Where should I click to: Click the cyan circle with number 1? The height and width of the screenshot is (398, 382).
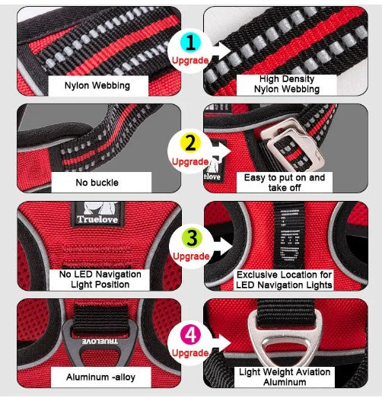(190, 43)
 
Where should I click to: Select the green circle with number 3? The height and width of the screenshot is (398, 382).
(192, 237)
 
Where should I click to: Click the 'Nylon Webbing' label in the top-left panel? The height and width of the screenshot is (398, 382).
(97, 85)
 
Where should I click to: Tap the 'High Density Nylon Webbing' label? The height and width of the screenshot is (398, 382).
(287, 84)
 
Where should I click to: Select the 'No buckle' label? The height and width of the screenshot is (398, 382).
(97, 183)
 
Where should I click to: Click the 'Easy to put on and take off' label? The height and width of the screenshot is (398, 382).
(285, 183)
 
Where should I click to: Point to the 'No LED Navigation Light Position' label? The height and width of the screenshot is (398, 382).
(100, 279)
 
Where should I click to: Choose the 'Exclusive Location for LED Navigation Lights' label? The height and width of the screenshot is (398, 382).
(284, 280)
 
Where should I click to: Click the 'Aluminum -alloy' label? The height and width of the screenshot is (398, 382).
(100, 377)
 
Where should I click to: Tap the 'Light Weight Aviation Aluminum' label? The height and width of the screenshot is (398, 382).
(285, 377)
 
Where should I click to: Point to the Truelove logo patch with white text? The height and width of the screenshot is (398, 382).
(98, 214)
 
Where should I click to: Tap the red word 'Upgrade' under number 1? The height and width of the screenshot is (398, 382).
(190, 60)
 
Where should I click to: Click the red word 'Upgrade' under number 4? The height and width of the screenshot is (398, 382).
(190, 353)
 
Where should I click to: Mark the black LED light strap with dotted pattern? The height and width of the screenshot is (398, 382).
(289, 235)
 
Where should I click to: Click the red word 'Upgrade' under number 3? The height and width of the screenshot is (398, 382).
(191, 256)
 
